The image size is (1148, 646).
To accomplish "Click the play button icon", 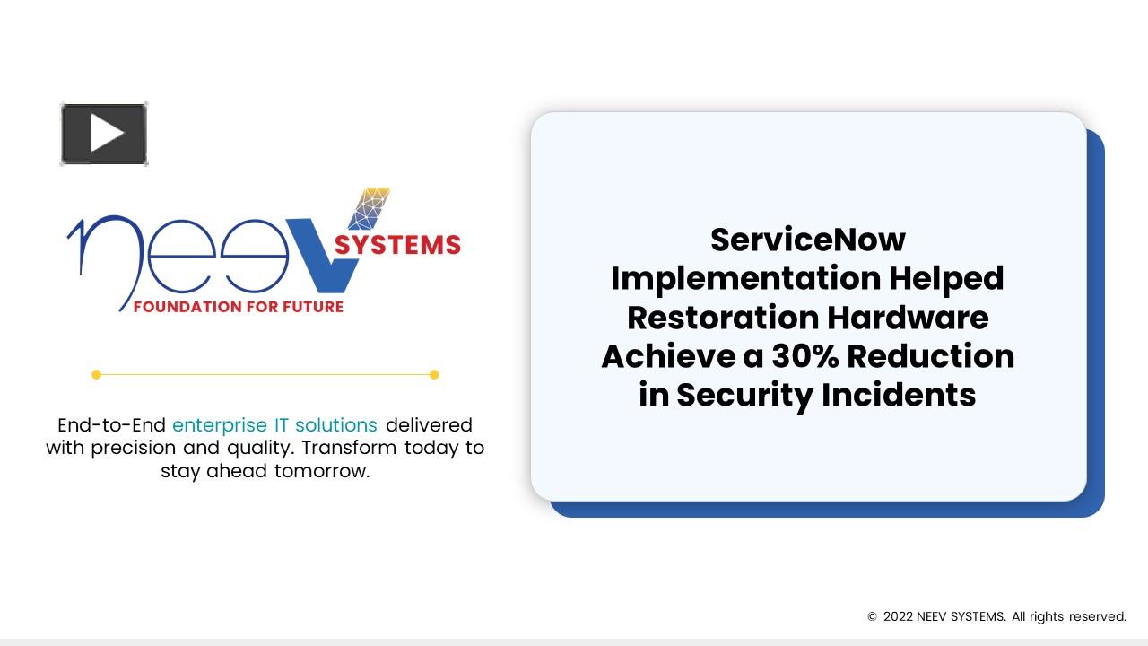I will tap(104, 135).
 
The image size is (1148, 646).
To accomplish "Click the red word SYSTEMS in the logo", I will tap(397, 245).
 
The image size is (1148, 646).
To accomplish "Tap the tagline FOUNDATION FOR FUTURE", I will tap(239, 307).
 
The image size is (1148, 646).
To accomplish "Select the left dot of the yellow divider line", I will tap(97, 375).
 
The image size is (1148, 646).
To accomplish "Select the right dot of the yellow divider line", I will tap(434, 375).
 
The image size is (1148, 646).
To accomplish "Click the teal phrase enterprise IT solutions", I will tap(274, 424).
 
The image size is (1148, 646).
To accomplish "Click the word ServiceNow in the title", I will tap(808, 240).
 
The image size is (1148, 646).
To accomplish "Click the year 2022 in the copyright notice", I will tap(898, 616).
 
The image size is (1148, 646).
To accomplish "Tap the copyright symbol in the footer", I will tap(872, 617).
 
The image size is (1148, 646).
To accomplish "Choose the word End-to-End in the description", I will tap(111, 424).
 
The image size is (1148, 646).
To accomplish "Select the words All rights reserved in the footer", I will tap(1068, 616).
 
